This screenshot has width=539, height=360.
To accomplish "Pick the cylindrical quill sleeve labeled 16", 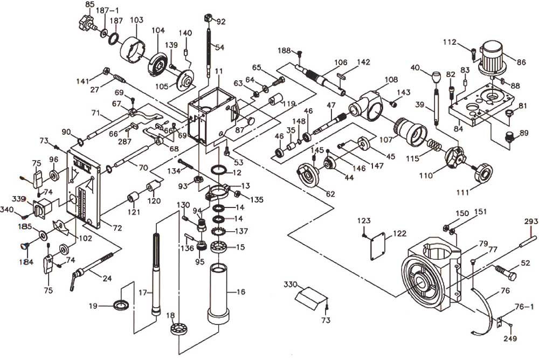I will [x=219, y=294].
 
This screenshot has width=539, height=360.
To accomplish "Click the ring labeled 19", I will [x=121, y=304].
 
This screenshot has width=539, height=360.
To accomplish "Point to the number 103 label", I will [x=136, y=20].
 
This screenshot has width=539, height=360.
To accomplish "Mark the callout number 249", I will [x=510, y=339].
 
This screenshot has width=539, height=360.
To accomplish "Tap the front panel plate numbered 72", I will [x=84, y=189].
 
